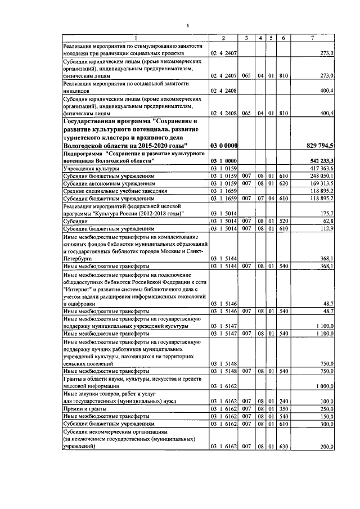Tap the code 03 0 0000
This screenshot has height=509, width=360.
[x=223, y=146]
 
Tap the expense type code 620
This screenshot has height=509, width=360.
[x=283, y=183]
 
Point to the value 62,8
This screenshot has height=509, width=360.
[x=327, y=222]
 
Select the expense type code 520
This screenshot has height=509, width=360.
[x=283, y=222]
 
